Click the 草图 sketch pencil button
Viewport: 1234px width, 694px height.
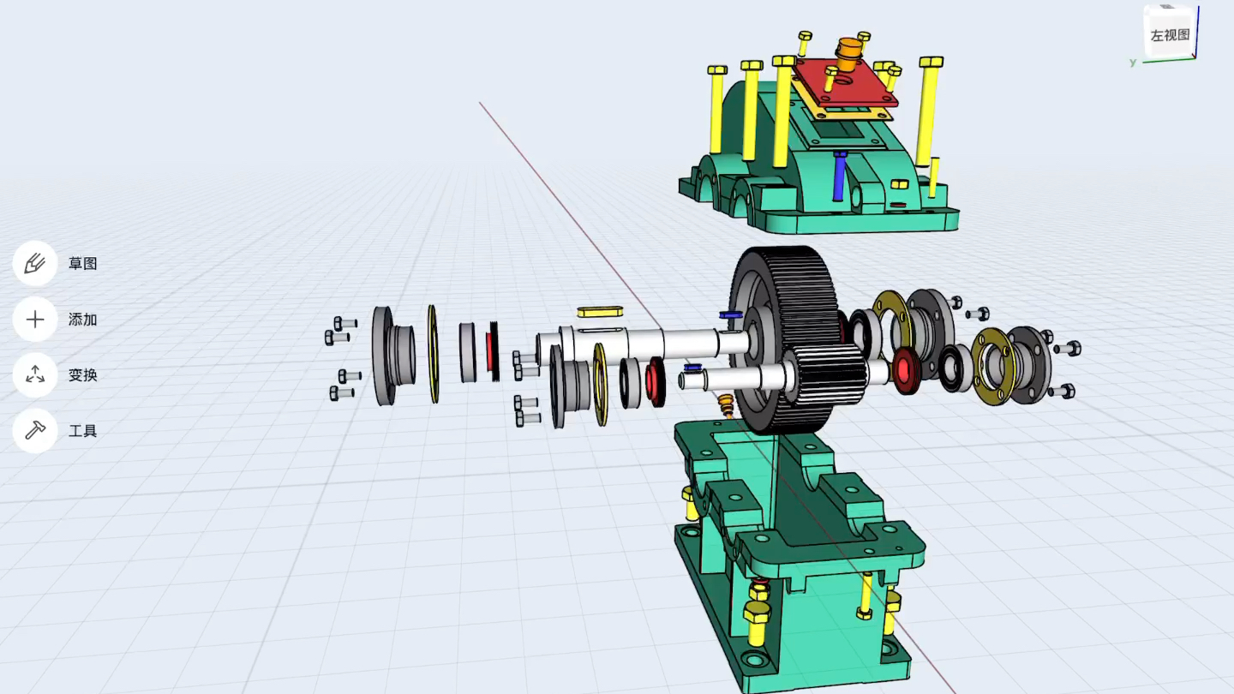click(35, 263)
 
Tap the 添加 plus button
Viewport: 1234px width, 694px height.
click(35, 320)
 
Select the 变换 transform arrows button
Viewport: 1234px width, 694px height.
click(35, 375)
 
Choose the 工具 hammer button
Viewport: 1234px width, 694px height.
click(35, 431)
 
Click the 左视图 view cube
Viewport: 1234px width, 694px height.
click(1170, 33)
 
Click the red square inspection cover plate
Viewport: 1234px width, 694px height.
click(846, 82)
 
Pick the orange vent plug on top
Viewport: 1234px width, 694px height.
click(848, 53)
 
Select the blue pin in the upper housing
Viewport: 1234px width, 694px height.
click(840, 176)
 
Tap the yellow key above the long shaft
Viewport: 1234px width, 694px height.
click(600, 312)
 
